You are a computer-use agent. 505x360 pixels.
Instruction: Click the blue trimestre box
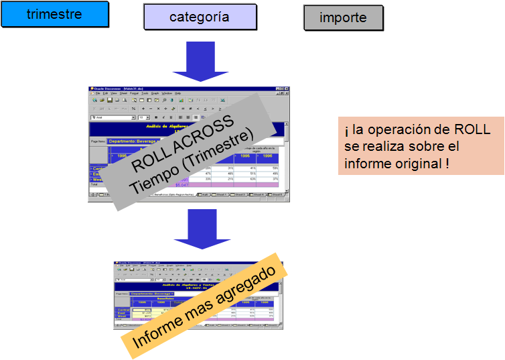(x=54, y=14)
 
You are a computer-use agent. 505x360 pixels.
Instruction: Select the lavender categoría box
(x=200, y=17)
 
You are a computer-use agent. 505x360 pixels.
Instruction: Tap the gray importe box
(x=343, y=17)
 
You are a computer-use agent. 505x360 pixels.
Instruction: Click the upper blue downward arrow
(x=194, y=66)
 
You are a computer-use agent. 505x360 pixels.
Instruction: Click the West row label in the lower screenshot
(x=122, y=316)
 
